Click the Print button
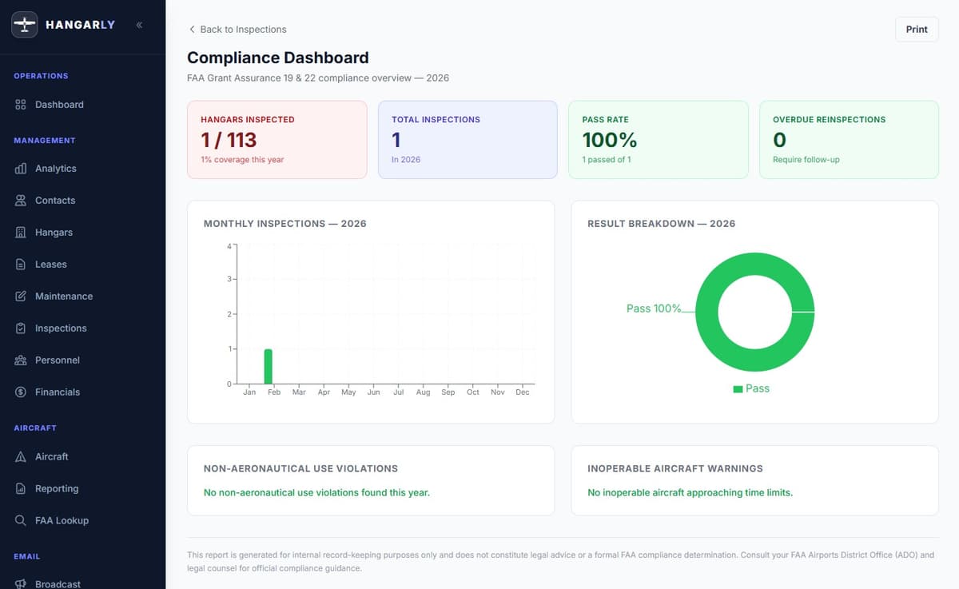coord(917,30)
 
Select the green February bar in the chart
coord(269,367)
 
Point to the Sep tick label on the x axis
coord(448,392)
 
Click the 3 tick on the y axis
coord(229,279)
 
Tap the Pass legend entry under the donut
coord(751,388)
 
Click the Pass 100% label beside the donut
coord(654,308)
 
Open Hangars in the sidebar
coord(54,233)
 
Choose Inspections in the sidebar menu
coord(60,328)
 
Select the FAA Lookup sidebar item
coord(62,520)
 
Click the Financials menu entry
coord(57,392)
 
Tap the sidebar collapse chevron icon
coord(139,25)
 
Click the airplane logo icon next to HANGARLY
coord(25,25)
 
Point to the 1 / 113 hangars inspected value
coord(229,140)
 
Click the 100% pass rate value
coord(610,140)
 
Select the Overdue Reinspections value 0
coord(779,140)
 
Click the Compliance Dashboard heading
coord(277,58)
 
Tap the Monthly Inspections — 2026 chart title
coord(285,224)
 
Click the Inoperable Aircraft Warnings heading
coord(674,468)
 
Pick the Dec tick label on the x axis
coord(523,392)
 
